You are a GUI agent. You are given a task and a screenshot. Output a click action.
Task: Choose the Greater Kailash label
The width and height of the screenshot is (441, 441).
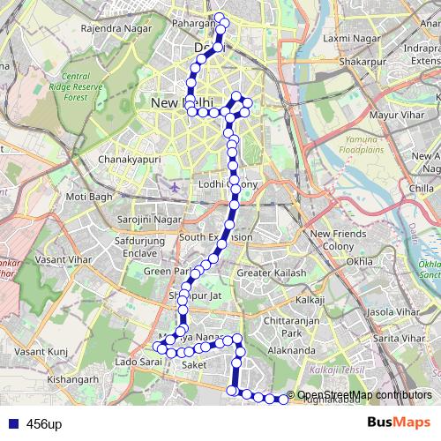click(x=272, y=273)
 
